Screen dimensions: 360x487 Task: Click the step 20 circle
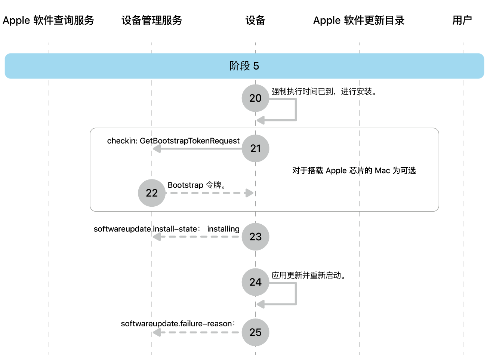pos(255,98)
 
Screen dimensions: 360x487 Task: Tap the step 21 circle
pos(255,148)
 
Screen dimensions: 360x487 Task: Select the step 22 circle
pos(152,193)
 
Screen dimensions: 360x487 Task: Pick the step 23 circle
pos(255,237)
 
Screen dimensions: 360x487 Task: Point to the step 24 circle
pos(255,282)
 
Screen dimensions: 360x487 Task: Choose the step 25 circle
pos(255,332)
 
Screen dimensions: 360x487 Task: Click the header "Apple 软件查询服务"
pos(48,20)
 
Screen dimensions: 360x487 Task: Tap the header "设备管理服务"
pos(152,20)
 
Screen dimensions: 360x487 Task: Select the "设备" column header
pos(255,20)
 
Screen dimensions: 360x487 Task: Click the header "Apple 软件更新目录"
pos(359,20)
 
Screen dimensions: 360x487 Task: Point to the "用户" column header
pos(462,20)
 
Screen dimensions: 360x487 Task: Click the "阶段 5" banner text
pos(244,66)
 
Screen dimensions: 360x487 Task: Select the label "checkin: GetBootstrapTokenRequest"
pos(173,141)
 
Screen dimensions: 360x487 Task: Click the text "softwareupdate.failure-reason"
pos(178,324)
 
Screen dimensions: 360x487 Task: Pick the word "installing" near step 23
pos(223,229)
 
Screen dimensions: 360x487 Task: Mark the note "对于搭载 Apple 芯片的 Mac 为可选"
pos(354,170)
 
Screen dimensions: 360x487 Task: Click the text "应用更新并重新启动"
pos(308,276)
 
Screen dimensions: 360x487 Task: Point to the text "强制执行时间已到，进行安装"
pos(323,92)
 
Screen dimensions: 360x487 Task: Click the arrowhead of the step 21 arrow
pos(157,149)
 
